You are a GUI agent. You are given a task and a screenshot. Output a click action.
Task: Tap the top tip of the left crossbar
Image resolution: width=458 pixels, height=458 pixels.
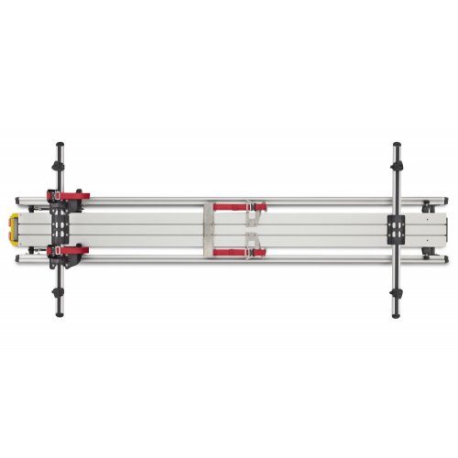tap(60, 144)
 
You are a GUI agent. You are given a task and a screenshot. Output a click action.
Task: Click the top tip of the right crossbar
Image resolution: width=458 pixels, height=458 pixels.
tap(398, 144)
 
